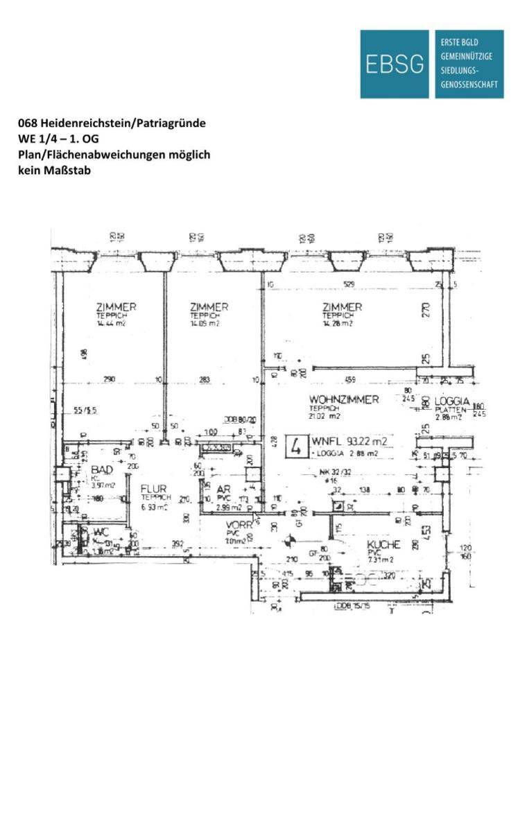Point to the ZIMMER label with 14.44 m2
coord(116,307)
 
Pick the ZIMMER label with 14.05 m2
coord(209,307)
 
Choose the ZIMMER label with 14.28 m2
coord(343,307)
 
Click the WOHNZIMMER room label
coord(344,399)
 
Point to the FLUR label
coord(154,488)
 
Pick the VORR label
coord(239,526)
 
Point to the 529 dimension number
coord(353,284)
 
